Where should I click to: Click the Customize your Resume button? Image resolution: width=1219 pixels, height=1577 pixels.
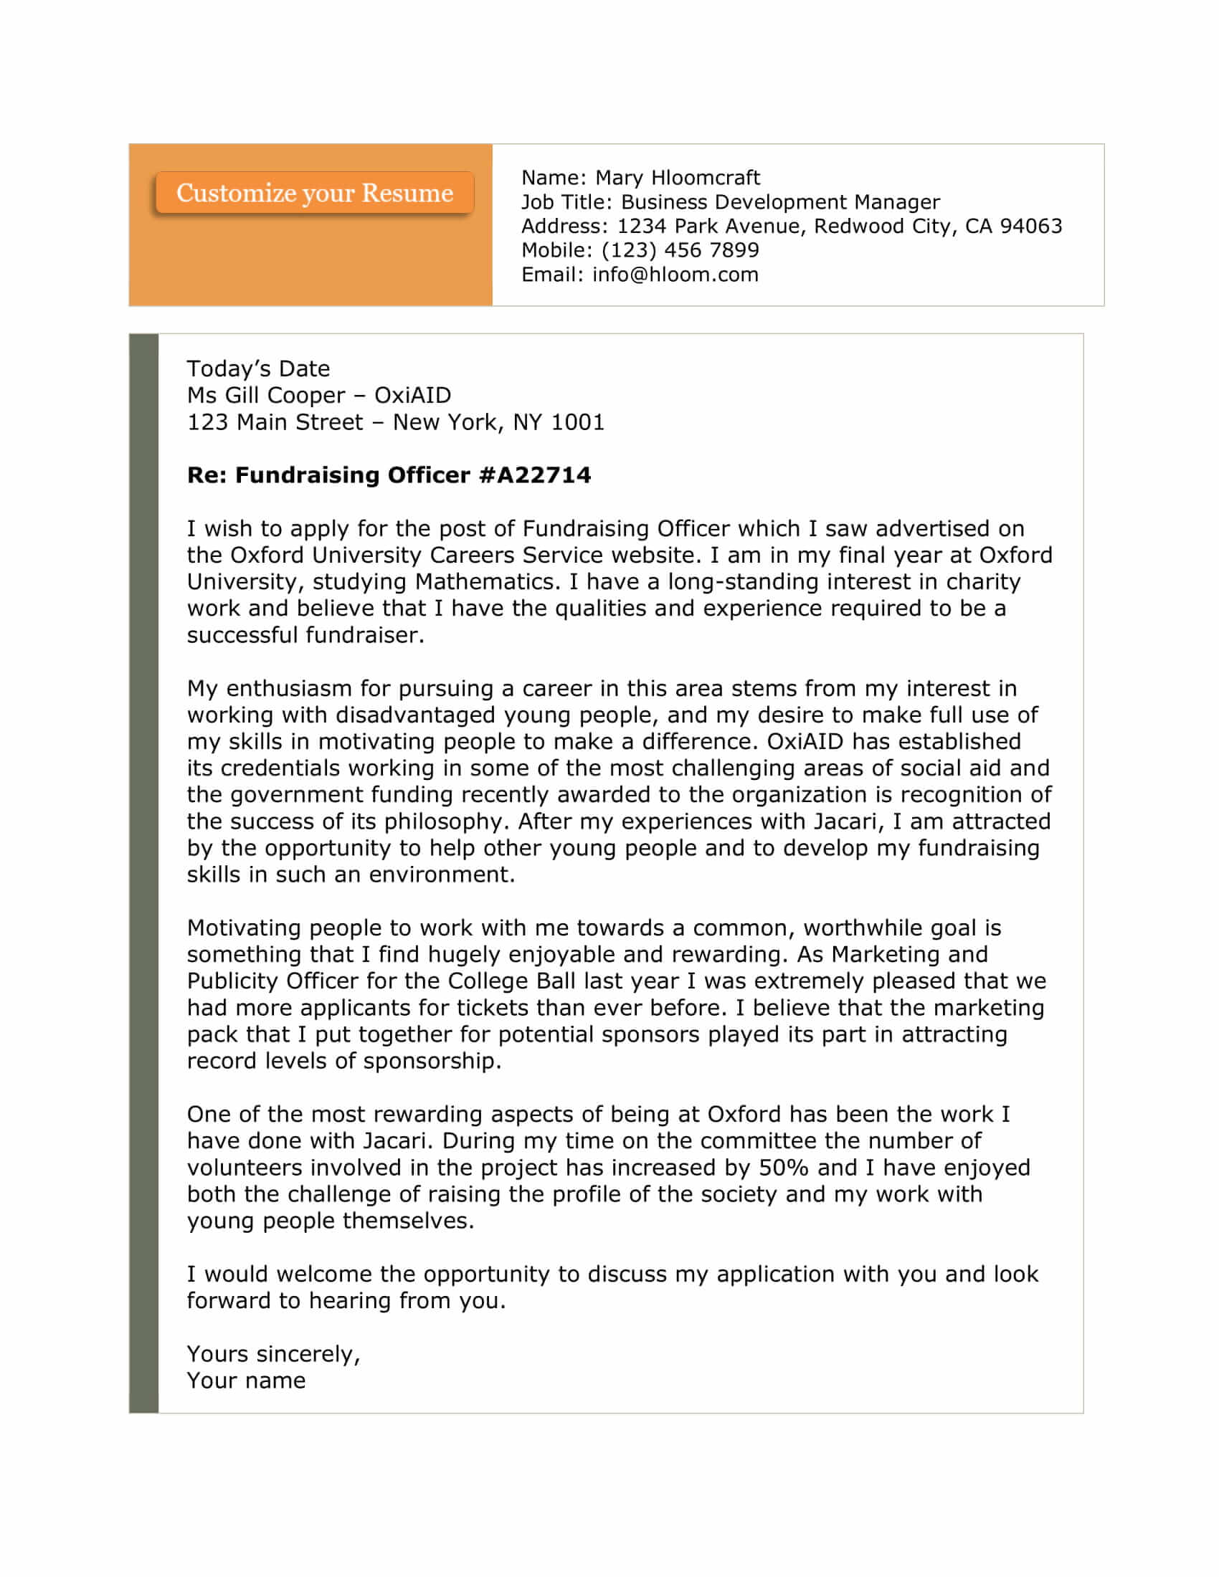tap(314, 193)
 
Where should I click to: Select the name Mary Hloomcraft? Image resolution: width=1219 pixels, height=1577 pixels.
tap(678, 178)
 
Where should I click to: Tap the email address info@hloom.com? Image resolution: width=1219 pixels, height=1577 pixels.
tap(675, 275)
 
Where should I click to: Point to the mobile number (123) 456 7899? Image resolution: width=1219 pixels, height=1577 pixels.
tap(680, 250)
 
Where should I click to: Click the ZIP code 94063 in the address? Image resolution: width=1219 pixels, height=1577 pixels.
tap(1030, 226)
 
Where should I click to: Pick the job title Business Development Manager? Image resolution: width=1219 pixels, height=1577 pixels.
tap(780, 202)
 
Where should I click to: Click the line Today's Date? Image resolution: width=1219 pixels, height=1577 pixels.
tap(258, 369)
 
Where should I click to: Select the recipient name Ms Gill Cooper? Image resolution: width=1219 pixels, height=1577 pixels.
tap(266, 395)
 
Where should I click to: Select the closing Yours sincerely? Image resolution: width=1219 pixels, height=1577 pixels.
tap(273, 1354)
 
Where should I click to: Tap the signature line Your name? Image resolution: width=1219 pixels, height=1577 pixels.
tap(245, 1381)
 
